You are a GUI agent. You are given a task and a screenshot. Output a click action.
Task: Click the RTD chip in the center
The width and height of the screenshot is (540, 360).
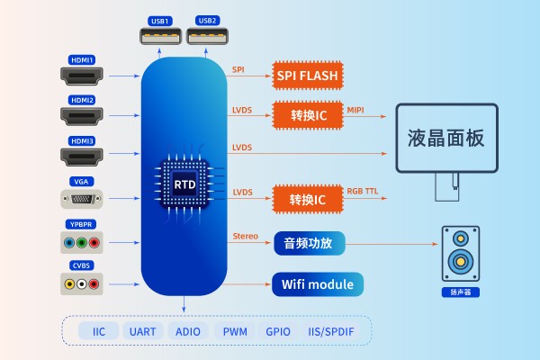pyautogui.click(x=184, y=183)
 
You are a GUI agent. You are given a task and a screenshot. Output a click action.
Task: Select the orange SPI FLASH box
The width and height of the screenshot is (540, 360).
pyautogui.click(x=307, y=76)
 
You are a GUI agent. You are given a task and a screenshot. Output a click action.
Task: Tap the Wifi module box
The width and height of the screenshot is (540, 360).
pyautogui.click(x=319, y=285)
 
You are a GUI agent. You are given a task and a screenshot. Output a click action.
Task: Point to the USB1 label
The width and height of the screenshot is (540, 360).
pyautogui.click(x=158, y=20)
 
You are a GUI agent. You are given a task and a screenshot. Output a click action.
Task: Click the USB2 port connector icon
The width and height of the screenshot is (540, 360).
pyautogui.click(x=209, y=37)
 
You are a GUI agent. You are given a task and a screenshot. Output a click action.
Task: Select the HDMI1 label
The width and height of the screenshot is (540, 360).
pyautogui.click(x=83, y=59)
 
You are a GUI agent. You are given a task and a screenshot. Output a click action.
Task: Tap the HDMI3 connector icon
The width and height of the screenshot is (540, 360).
pyautogui.click(x=83, y=157)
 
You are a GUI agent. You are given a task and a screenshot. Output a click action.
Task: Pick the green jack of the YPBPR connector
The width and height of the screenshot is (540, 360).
pyautogui.click(x=82, y=243)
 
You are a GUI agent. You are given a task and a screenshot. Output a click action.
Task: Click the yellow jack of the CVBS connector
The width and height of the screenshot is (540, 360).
pyautogui.click(x=68, y=283)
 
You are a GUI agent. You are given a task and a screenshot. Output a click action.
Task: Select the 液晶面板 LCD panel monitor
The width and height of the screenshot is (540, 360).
pyautogui.click(x=445, y=139)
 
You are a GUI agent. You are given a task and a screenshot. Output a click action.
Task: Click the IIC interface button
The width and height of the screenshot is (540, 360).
pyautogui.click(x=98, y=331)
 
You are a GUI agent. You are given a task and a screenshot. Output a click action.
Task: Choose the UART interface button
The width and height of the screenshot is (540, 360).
pyautogui.click(x=142, y=331)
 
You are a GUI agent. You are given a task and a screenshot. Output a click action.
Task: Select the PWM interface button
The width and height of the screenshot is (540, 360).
pyautogui.click(x=236, y=331)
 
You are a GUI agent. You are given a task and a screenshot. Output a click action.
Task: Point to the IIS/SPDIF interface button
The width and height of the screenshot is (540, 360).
pyautogui.click(x=331, y=331)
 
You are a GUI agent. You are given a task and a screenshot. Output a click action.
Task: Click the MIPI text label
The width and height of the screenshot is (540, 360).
pyautogui.click(x=355, y=111)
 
